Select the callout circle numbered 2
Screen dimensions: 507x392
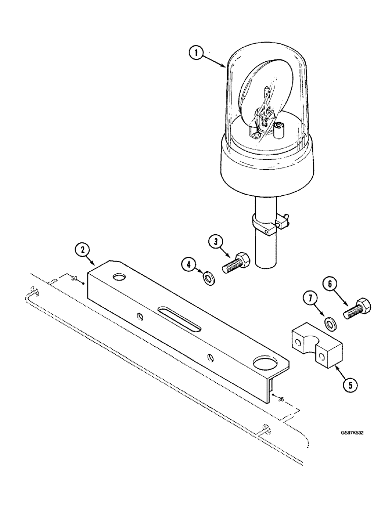81,249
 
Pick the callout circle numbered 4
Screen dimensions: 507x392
188,264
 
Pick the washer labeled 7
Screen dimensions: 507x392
330,322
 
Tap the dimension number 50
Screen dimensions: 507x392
74,279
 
